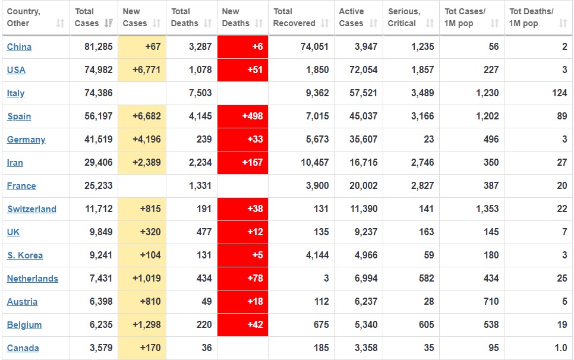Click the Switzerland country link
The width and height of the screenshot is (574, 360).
click(x=31, y=209)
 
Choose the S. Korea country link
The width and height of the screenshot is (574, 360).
click(x=25, y=255)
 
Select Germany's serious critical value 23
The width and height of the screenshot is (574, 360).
click(x=428, y=140)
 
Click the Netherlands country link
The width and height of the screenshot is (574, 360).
click(x=33, y=279)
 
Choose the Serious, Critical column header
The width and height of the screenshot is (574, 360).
click(x=404, y=17)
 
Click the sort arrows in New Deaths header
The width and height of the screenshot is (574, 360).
click(x=258, y=23)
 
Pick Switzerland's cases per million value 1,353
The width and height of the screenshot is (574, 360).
click(x=486, y=209)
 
